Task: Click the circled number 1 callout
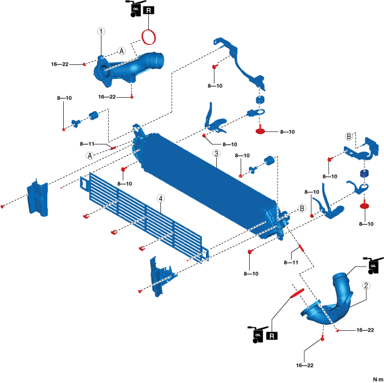[101, 30]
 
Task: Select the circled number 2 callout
[366, 285]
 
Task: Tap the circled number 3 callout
[216, 154]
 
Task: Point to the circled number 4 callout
[160, 198]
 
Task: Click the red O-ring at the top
[149, 37]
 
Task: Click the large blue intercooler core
[207, 182]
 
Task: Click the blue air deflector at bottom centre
[160, 276]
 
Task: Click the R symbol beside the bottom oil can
[272, 335]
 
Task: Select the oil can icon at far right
[370, 265]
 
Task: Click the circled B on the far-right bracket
[349, 136]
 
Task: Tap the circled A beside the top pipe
[122, 52]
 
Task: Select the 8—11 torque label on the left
[88, 144]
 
